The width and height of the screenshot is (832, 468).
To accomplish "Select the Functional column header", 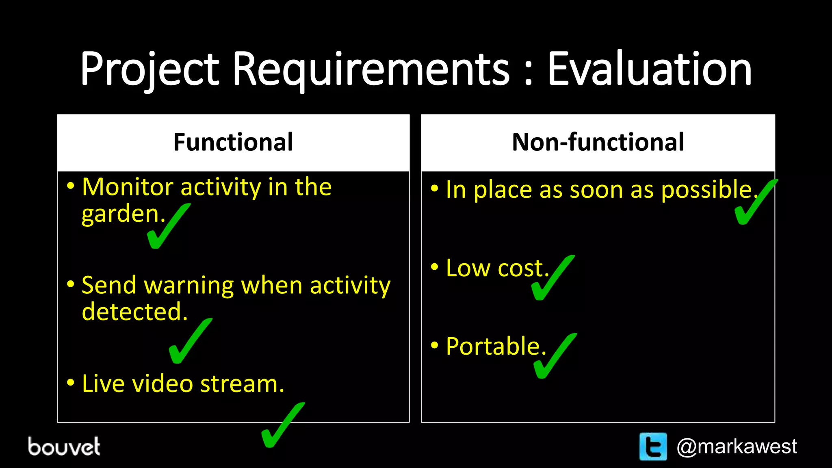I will coord(233,142).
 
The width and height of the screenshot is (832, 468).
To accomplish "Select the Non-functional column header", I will coord(598,142).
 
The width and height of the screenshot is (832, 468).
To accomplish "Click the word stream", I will coord(242,384).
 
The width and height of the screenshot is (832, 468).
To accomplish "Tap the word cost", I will coord(523,269).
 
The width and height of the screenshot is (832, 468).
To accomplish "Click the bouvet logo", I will coord(64,446).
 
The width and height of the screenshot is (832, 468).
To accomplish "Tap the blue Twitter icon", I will coord(653,446).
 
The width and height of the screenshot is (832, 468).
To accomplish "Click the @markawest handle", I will coord(737,446).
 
